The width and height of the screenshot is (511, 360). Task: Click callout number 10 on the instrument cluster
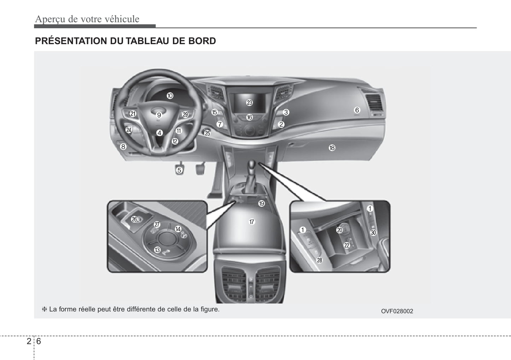pos(170,96)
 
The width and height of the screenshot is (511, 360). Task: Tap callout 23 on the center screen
pos(250,103)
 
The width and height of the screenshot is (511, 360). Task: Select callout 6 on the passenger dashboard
pos(357,110)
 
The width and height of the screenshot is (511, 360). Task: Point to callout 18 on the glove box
pos(332,148)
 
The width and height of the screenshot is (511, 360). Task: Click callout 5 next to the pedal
pos(179,170)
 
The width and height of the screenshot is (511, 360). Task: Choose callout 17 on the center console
pos(252,222)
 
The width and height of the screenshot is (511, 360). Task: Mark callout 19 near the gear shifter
pos(261,203)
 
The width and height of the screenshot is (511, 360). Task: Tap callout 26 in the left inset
pos(134,219)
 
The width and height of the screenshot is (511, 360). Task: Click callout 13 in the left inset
pos(157,250)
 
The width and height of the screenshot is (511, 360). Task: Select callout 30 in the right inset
pos(373,232)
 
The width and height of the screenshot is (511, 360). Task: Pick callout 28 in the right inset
pos(319,260)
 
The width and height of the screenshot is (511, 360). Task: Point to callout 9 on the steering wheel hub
pos(159,115)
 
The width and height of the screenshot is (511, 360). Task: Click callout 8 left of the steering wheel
pos(123,147)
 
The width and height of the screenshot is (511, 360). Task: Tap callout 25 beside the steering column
pos(207,133)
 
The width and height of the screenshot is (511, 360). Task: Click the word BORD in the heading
pos(202,41)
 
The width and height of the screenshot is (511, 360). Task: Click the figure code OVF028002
pos(397,311)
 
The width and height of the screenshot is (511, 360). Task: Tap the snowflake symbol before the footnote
pos(44,309)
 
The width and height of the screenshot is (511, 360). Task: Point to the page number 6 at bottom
pos(39,341)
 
